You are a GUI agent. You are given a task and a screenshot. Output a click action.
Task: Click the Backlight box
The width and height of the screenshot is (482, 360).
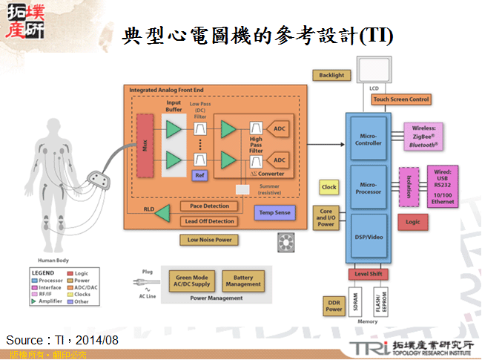pyautogui.click(x=332, y=76)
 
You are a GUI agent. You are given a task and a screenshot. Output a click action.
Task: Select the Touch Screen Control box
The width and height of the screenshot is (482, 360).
pyautogui.click(x=400, y=99)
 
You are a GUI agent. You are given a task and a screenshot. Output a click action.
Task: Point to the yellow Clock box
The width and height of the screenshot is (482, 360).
pyautogui.click(x=329, y=188)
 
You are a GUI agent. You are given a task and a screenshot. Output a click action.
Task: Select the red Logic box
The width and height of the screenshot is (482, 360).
pyautogui.click(x=413, y=221)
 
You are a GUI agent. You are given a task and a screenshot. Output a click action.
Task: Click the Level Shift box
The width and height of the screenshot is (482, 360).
pyautogui.click(x=369, y=275)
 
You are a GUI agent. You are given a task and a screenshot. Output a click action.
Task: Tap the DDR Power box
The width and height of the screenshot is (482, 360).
pyautogui.click(x=334, y=305)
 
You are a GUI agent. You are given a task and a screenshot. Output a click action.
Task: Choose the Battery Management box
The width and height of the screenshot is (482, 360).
pyautogui.click(x=243, y=280)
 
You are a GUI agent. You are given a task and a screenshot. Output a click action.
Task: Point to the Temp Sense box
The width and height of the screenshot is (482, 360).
pyautogui.click(x=274, y=212)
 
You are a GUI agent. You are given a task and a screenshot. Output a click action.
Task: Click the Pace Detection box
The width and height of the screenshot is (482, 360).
pyautogui.click(x=209, y=206)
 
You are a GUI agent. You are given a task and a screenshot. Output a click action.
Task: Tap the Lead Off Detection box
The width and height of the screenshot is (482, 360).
pyautogui.click(x=209, y=221)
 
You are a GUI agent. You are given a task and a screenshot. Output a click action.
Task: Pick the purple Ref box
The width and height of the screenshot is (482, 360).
pyautogui.click(x=199, y=175)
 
